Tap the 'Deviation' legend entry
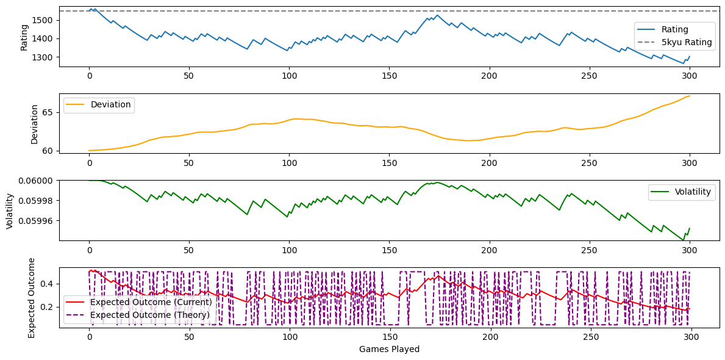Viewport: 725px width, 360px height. (x=110, y=104)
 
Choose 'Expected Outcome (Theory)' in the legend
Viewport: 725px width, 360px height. (x=149, y=315)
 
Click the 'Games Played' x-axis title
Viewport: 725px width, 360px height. (x=389, y=350)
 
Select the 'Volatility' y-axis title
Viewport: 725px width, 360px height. (x=9, y=211)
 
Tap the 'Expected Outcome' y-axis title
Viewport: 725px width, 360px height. (x=32, y=298)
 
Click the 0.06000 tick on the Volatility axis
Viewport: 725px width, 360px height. (x=38, y=181)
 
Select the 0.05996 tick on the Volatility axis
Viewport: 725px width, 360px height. (x=38, y=220)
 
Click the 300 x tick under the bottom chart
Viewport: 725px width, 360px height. (x=690, y=336)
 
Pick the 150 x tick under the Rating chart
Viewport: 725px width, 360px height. (x=389, y=76)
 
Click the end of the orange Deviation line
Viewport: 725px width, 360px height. (x=690, y=96)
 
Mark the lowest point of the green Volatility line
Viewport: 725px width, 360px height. (x=683, y=240)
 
